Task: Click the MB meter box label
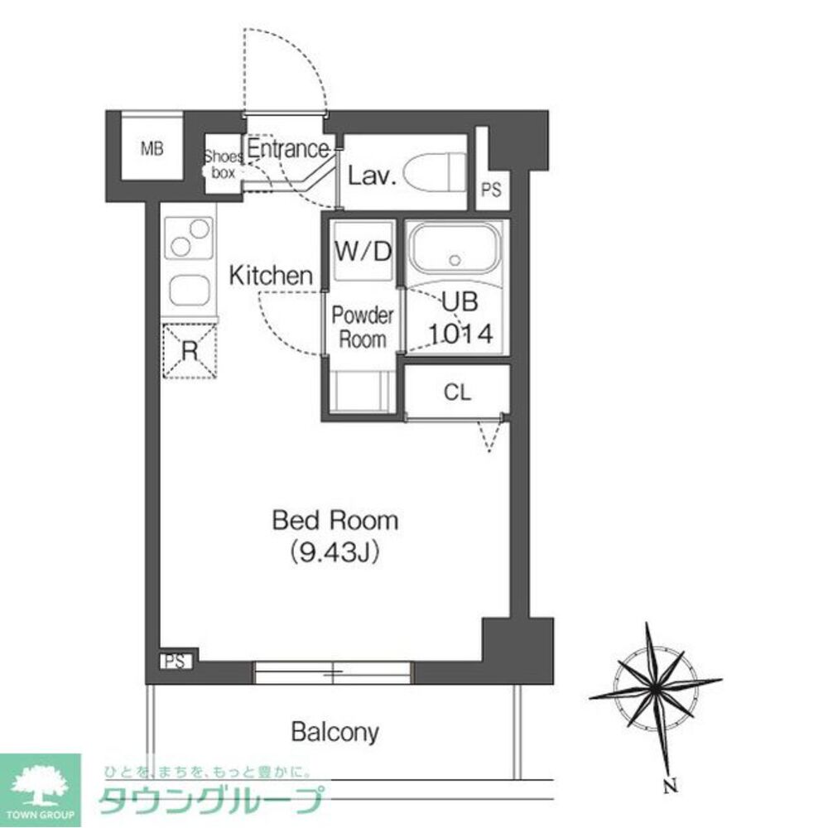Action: point(152,149)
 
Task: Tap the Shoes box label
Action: point(224,164)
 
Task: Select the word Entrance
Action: point(288,148)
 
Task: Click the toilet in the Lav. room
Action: point(435,173)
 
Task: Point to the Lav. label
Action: point(372,176)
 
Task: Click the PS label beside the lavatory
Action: point(491,190)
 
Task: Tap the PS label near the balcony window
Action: point(176,661)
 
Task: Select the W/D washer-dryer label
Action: point(363,252)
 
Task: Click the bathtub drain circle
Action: point(455,260)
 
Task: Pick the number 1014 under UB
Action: point(460,334)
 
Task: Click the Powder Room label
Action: point(363,327)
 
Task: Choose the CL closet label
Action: point(457,392)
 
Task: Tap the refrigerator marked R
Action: point(190,350)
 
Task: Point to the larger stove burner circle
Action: point(200,229)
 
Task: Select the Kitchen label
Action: point(271,276)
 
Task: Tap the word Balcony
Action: point(335,732)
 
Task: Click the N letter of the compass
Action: point(670,785)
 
